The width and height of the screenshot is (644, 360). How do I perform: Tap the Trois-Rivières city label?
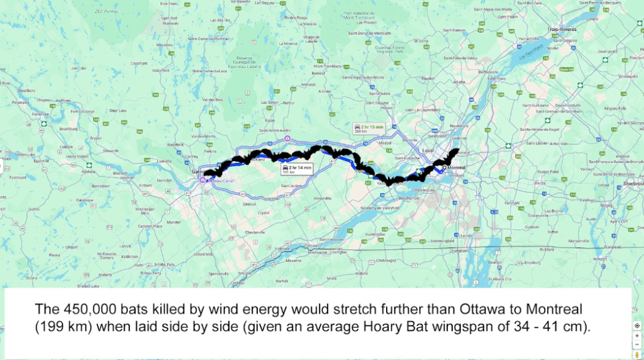[x=562, y=30]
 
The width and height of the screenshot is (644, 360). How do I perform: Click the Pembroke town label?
[x=40, y=114]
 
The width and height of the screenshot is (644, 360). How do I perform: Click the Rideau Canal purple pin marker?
[x=203, y=179]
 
